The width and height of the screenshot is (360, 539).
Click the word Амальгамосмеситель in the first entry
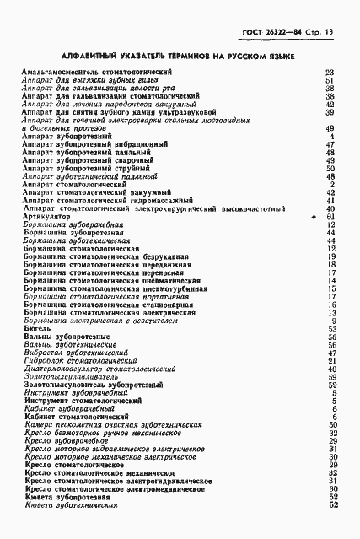coord(61,73)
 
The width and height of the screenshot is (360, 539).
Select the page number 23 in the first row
coord(330,73)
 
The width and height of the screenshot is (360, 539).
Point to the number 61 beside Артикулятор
coord(331,216)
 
